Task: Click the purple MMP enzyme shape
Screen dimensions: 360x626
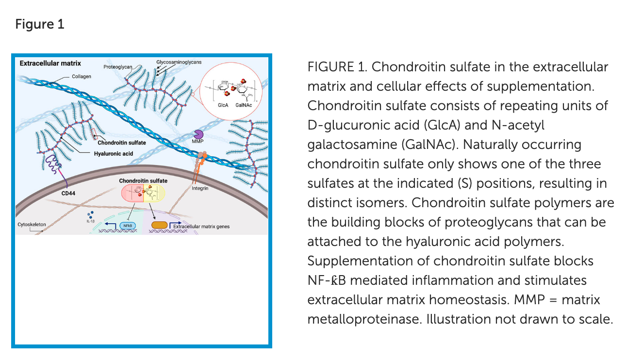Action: pyautogui.click(x=198, y=135)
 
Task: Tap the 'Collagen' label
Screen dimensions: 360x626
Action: pyautogui.click(x=82, y=77)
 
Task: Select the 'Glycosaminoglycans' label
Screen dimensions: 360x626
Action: pyautogui.click(x=179, y=62)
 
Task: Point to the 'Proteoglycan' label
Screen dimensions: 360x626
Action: pyautogui.click(x=117, y=66)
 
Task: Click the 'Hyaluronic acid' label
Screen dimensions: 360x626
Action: pyautogui.click(x=114, y=154)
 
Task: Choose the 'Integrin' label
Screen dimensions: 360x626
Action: pyautogui.click(x=200, y=188)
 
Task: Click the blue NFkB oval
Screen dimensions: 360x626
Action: pyautogui.click(x=128, y=225)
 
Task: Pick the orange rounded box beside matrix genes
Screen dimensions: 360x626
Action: pyautogui.click(x=159, y=225)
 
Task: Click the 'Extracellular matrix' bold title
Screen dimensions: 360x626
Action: pyautogui.click(x=50, y=64)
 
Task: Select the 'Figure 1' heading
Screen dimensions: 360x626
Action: pyautogui.click(x=40, y=24)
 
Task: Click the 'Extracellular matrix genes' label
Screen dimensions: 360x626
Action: pyautogui.click(x=201, y=227)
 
